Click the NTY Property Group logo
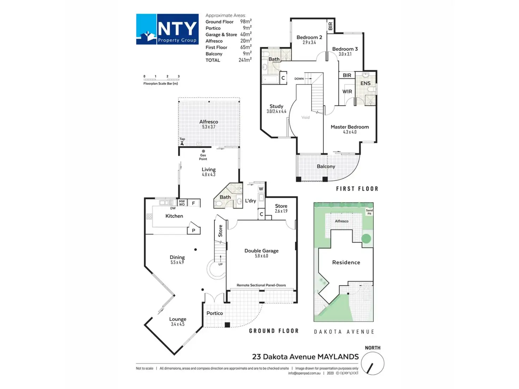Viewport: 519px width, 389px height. point(167,29)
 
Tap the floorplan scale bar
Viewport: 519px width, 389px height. point(161,79)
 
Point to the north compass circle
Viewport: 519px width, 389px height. point(373,364)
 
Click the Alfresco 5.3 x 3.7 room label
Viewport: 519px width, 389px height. point(208,124)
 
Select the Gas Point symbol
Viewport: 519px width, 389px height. point(203,151)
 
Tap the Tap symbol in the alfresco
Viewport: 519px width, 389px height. point(182,143)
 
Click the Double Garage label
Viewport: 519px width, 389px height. point(261,251)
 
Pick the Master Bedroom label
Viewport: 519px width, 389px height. point(349,127)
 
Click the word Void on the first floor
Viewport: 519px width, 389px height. point(305,117)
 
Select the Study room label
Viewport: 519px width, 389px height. point(276,106)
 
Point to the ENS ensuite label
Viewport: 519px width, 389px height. point(365,84)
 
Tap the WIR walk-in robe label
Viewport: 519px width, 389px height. point(347,92)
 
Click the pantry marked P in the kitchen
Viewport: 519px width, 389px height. point(194,230)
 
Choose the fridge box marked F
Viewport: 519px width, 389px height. point(193,203)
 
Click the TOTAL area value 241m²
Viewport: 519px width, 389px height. point(245,60)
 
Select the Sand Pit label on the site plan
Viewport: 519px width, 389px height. point(369,212)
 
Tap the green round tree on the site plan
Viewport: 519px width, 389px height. point(366,239)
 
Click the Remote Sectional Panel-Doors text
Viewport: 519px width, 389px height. point(261,285)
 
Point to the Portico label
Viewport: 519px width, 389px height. point(214,313)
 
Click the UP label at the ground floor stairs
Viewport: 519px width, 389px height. point(220,264)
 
